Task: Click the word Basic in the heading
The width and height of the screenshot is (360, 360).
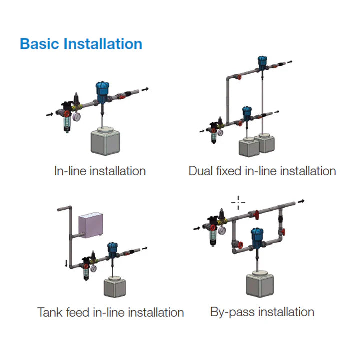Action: tap(40, 44)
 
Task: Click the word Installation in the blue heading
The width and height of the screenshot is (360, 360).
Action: tap(103, 44)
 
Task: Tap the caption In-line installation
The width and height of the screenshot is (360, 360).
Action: tap(100, 171)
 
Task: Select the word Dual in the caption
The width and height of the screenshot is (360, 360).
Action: tap(200, 171)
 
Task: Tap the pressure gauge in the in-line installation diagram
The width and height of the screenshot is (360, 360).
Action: tap(77, 116)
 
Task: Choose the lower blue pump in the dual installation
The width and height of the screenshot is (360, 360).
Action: tap(246, 113)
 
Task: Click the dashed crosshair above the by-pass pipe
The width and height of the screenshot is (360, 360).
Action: tap(238, 202)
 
